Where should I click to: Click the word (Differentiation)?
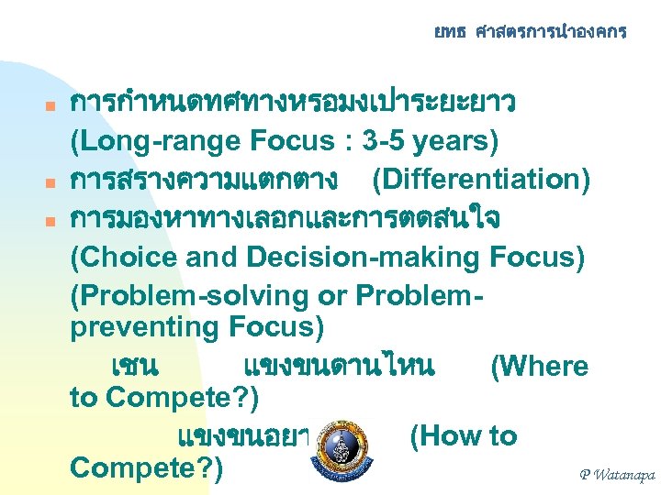click(481, 181)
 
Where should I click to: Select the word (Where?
click(540, 367)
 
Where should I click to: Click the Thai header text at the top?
click(530, 32)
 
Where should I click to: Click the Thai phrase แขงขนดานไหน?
click(339, 367)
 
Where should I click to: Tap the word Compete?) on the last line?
click(146, 466)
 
